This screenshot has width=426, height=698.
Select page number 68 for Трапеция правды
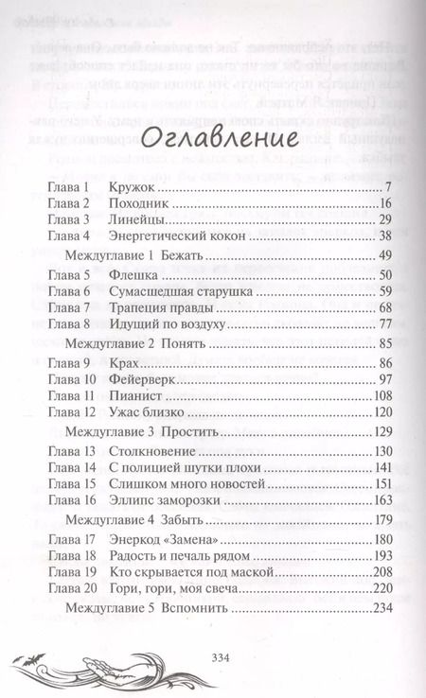384,308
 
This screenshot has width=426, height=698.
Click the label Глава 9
66,364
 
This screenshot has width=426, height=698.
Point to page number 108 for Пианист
381,396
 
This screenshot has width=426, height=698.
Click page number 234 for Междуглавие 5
381,609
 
